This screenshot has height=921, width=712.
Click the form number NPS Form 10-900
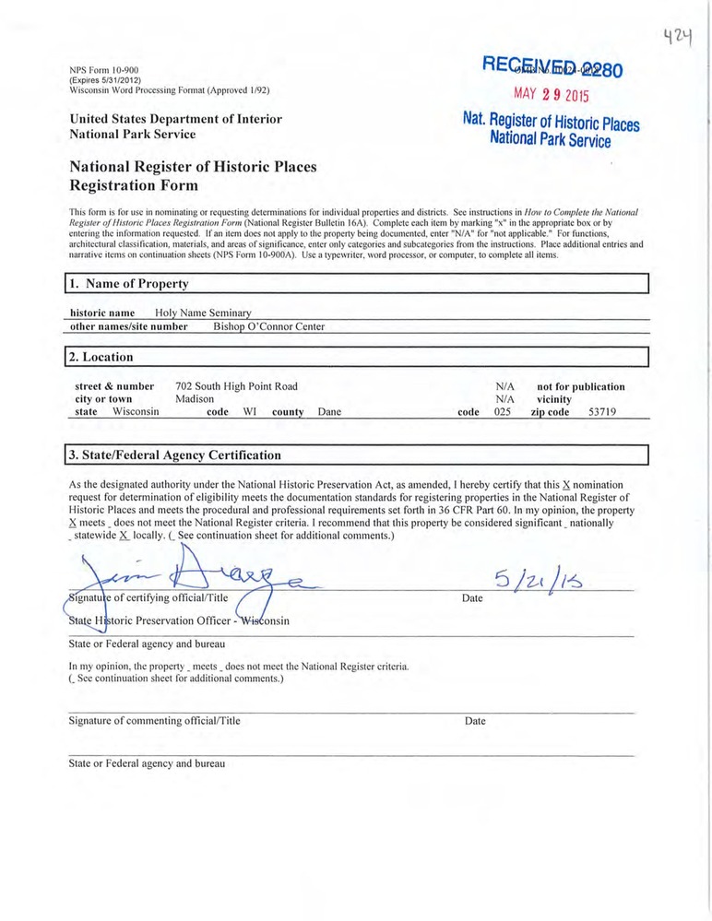[x=103, y=70]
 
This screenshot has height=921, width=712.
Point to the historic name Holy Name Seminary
[x=203, y=313]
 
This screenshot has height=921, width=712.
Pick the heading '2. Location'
[x=104, y=357]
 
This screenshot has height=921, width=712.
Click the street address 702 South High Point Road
[x=237, y=386]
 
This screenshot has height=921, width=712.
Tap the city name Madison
[x=195, y=399]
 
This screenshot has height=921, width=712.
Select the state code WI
[x=249, y=412]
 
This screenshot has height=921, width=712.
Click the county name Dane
[x=329, y=412]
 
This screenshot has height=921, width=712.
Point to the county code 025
[x=503, y=412]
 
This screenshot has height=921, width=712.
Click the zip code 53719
[x=602, y=412]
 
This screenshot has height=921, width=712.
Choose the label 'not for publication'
[x=581, y=386]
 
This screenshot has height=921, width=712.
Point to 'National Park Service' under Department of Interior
[x=132, y=135]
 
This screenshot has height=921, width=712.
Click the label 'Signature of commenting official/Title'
[x=154, y=721]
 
